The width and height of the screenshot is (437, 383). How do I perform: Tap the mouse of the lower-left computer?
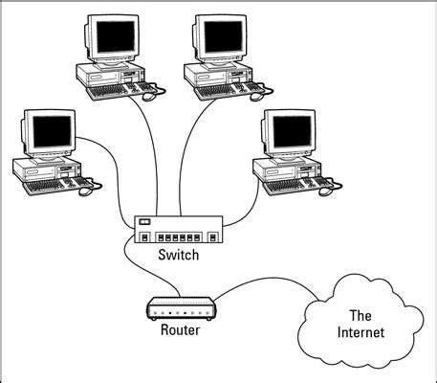pyautogui.click(x=84, y=191)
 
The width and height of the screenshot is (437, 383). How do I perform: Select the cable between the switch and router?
pyautogui.click(x=130, y=268)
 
